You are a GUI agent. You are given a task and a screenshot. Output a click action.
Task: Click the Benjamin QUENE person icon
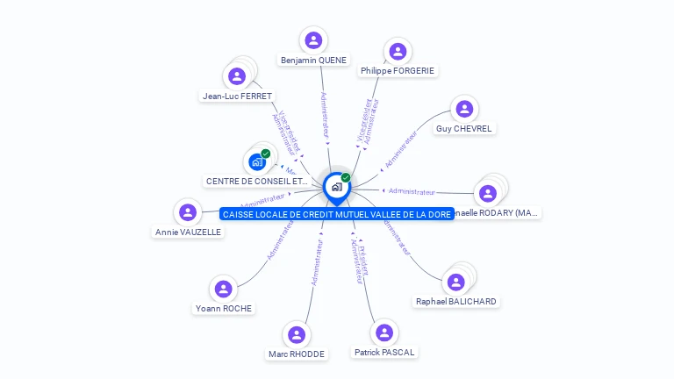[313, 39]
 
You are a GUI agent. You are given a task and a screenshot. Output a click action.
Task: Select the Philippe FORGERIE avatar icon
[398, 52]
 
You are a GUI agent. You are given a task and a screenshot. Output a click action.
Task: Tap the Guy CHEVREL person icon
[464, 109]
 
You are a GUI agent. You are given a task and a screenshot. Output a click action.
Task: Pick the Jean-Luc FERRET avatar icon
[237, 76]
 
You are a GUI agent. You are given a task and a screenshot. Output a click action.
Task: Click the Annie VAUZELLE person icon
[188, 212]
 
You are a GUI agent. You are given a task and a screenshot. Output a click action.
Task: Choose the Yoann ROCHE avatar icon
[224, 289]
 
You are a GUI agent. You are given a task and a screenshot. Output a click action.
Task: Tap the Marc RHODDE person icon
[297, 334]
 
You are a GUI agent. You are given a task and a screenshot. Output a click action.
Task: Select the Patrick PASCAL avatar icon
[384, 333]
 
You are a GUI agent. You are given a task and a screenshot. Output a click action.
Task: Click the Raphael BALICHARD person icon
[455, 282]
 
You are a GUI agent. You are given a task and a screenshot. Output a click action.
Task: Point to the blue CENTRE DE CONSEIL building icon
[257, 161]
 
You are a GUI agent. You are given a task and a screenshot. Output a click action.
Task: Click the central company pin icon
[336, 187]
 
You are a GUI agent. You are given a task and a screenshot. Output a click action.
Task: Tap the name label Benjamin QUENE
[313, 61]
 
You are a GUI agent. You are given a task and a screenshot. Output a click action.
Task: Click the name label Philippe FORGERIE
[398, 70]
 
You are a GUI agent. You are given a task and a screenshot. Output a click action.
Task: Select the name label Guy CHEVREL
[464, 128]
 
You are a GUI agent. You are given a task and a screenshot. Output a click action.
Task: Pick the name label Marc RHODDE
[297, 354]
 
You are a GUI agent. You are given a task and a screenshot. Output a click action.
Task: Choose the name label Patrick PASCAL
[384, 352]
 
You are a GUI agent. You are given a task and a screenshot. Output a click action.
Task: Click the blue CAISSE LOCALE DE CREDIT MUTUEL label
[337, 214]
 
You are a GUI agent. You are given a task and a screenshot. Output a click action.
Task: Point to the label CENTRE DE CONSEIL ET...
[256, 181]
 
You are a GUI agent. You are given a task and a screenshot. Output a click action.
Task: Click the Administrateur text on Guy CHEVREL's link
[401, 149]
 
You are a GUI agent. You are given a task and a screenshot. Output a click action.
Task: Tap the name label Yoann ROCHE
[224, 308]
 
